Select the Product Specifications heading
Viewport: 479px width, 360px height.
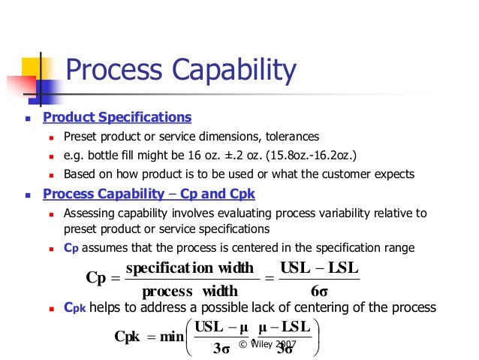coord(117,117)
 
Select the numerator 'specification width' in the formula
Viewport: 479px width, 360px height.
coord(190,268)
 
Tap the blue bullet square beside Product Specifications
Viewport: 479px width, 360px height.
coord(28,119)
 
